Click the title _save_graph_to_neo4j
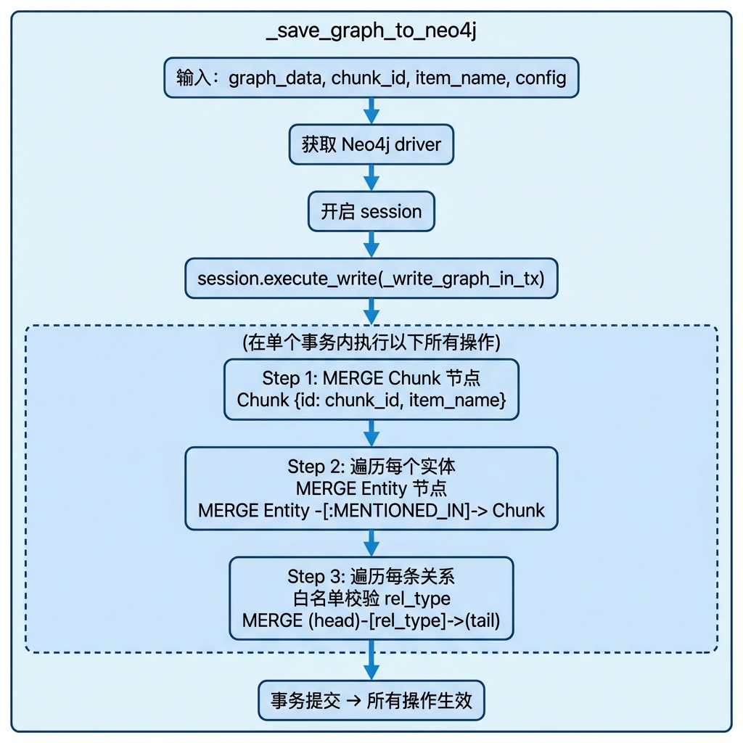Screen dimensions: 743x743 coord(371,30)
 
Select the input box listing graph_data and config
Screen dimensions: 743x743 coord(371,78)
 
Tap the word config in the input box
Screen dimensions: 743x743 coord(541,78)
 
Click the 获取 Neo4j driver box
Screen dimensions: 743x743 coord(371,144)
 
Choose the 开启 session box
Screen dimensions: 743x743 coord(371,211)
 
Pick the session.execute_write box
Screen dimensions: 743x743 coord(371,278)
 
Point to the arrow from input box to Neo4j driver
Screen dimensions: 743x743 coord(371,111)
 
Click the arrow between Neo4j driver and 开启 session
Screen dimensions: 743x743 coord(371,178)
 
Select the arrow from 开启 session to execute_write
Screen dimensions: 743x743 coord(371,245)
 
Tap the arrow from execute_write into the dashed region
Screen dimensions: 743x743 coord(371,312)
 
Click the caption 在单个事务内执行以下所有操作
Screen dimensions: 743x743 coord(371,342)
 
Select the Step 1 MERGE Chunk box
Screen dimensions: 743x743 coord(371,390)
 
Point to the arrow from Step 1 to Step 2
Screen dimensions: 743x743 coord(371,433)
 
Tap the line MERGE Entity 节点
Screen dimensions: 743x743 coord(371,488)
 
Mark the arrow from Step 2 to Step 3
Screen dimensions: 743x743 coord(371,543)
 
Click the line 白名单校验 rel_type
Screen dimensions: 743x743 coord(371,599)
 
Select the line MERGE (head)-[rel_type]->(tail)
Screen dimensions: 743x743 coord(371,621)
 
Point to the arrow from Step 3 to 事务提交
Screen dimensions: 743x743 coord(371,660)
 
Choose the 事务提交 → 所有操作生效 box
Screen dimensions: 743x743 coord(371,700)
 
